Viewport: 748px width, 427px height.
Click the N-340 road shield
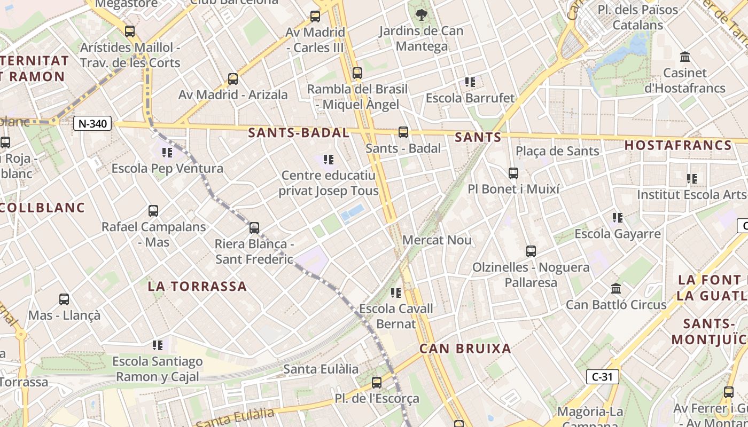[92, 124]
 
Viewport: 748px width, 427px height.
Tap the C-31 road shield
[602, 377]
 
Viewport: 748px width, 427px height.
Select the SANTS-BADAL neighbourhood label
[299, 133]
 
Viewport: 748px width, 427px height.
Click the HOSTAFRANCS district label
[678, 145]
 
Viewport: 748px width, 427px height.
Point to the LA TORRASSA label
[198, 287]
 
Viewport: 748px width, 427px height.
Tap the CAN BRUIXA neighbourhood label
[465, 349]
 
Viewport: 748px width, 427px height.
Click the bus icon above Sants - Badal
[403, 132]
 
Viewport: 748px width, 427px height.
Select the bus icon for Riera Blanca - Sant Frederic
[254, 228]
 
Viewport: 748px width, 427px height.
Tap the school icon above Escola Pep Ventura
[167, 153]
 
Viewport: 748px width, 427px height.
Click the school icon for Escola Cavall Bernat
[396, 292]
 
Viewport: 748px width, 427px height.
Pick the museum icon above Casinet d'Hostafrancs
[685, 57]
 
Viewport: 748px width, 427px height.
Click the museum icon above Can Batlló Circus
[616, 289]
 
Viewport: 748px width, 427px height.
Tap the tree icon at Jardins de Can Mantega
[422, 15]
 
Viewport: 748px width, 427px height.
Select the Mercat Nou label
[437, 240]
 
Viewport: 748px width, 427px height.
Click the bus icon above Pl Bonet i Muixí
[513, 173]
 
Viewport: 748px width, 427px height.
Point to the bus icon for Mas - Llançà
[64, 299]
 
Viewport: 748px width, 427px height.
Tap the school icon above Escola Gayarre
[618, 218]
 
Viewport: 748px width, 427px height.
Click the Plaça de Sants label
[557, 151]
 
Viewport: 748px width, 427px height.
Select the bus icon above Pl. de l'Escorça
[377, 383]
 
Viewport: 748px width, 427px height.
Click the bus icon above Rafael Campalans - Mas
[153, 211]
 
